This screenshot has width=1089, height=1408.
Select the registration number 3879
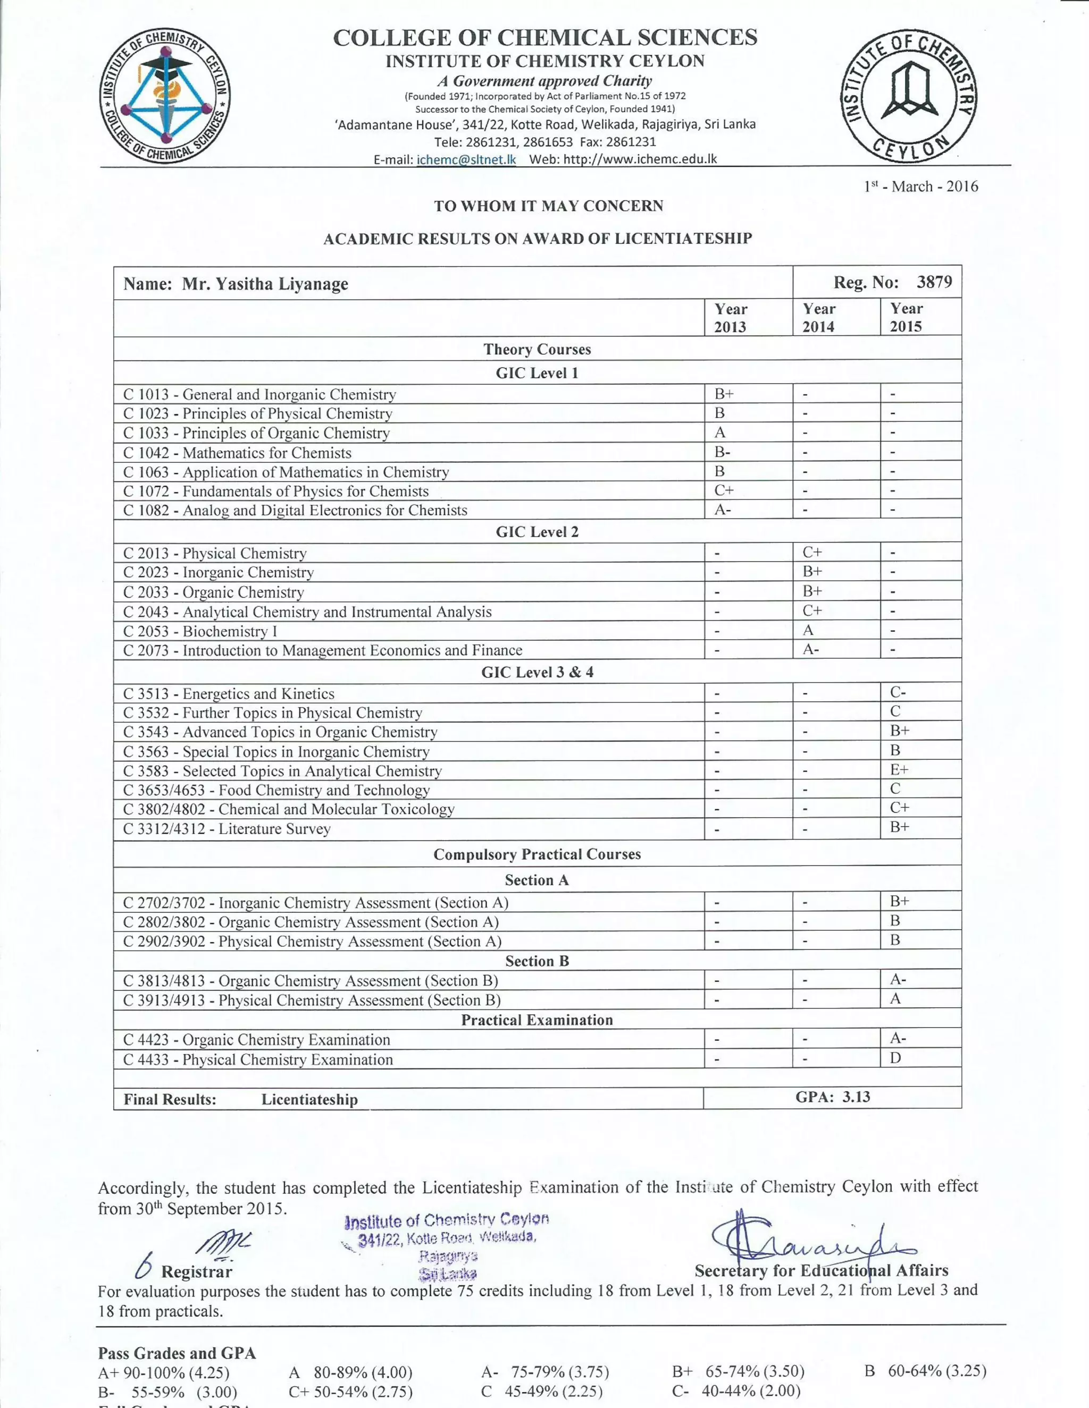934,282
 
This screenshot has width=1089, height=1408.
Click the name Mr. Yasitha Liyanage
264,284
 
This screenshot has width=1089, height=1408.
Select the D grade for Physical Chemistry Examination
895,1057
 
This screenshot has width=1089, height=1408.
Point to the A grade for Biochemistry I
808,630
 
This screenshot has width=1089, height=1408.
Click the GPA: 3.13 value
832,1097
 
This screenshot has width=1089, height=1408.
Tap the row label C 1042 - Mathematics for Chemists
237,453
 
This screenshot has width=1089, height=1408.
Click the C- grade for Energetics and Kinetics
898,692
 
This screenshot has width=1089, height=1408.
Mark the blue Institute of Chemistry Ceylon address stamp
445,1245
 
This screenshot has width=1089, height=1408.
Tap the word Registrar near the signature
196,1271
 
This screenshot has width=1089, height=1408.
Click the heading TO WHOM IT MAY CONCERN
548,206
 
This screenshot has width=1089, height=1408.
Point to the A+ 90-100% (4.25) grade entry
164,1371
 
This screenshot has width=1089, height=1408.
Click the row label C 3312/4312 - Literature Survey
227,828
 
